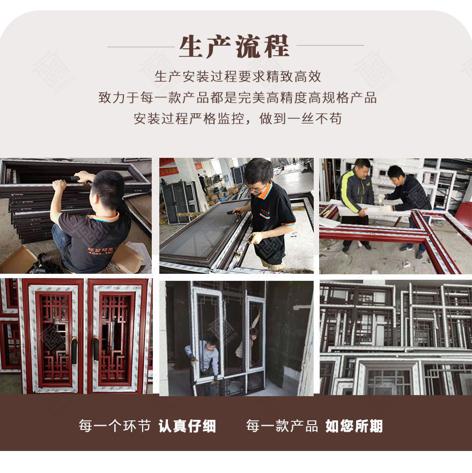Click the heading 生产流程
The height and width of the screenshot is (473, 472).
point(234,46)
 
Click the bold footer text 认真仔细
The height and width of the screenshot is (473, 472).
point(187,426)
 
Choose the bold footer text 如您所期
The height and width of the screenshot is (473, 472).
point(354,426)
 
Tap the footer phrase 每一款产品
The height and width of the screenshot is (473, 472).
point(282,426)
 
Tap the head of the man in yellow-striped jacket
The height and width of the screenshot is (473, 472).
point(363,166)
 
